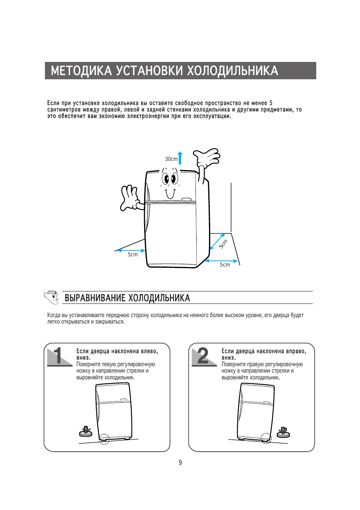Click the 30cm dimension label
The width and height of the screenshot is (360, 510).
tap(171, 159)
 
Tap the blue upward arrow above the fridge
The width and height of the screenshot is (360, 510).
tap(180, 158)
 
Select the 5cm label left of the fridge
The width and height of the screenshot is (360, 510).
tap(133, 254)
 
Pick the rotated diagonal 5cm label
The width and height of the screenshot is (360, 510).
tap(223, 244)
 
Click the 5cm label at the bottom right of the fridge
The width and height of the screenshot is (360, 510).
tap(225, 265)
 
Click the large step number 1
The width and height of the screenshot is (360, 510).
tap(58, 355)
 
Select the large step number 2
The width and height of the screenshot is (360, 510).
tap(203, 355)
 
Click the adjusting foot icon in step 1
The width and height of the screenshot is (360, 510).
tap(86, 431)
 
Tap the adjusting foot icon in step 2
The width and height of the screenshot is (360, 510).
tap(283, 432)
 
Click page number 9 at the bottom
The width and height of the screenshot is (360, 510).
tap(180, 462)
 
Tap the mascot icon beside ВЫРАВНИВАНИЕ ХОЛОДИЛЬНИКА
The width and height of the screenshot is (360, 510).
tap(51, 297)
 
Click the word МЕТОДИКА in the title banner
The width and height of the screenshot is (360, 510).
tap(81, 71)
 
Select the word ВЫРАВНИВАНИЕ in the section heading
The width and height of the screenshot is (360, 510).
tap(94, 298)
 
